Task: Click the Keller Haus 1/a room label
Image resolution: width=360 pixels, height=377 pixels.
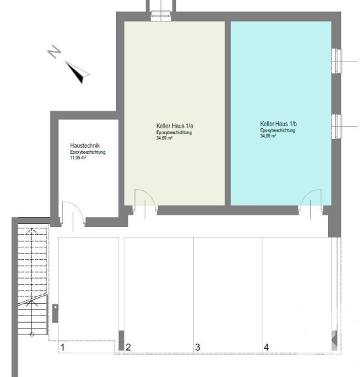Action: click(x=175, y=126)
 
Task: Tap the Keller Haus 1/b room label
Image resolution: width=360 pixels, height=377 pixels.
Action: click(x=278, y=124)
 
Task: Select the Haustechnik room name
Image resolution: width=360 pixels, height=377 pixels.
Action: click(x=85, y=145)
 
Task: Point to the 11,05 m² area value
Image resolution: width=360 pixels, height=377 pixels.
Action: click(x=78, y=158)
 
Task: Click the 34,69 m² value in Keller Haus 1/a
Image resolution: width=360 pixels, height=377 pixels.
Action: click(x=164, y=138)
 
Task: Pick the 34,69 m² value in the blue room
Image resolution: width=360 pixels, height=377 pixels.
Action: click(x=268, y=136)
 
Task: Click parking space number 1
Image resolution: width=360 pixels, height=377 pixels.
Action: click(x=63, y=347)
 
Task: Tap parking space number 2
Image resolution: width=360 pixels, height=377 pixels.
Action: click(x=128, y=347)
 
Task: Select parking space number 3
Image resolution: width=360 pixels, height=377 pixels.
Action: click(x=198, y=347)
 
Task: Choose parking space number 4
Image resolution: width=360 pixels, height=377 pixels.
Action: click(x=266, y=347)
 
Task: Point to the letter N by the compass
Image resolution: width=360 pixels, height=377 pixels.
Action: click(x=54, y=52)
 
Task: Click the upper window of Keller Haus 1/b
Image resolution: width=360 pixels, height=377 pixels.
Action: click(x=336, y=61)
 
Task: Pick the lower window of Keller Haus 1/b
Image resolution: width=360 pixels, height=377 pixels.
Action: click(x=336, y=127)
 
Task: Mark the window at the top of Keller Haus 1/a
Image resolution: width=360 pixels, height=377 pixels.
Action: click(x=161, y=16)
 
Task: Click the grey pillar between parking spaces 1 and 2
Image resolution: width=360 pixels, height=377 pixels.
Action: click(x=122, y=340)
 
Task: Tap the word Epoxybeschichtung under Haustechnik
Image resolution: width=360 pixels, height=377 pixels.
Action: click(x=88, y=153)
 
